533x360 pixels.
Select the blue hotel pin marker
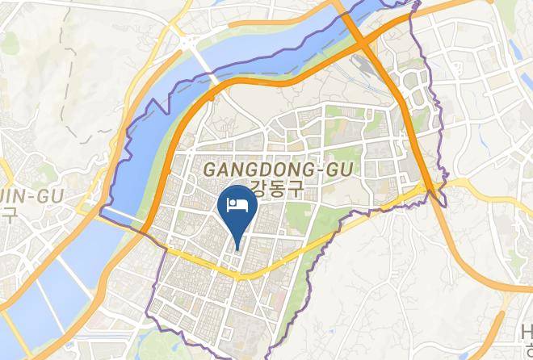coord(237,207)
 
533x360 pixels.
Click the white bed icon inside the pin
coord(237,203)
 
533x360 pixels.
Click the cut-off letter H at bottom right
coord(527,331)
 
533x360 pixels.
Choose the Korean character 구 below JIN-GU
coord(8,215)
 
